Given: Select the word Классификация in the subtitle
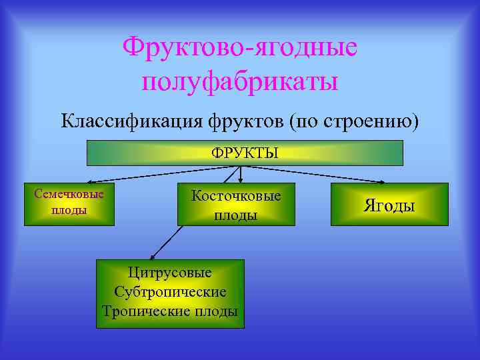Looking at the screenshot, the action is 133,122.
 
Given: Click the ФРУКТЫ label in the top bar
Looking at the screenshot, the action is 245,153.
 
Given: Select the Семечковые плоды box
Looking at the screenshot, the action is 69,203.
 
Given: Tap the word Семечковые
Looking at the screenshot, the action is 69,195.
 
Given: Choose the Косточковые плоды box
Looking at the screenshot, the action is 236,204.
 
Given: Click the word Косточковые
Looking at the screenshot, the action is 236,195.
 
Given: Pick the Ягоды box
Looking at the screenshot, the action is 389,204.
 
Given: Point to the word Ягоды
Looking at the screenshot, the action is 389,205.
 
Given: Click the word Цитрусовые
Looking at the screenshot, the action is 170,273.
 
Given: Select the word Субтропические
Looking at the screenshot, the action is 170,292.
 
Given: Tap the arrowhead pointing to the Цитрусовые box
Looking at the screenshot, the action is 153,255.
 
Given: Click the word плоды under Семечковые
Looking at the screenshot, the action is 69,211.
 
